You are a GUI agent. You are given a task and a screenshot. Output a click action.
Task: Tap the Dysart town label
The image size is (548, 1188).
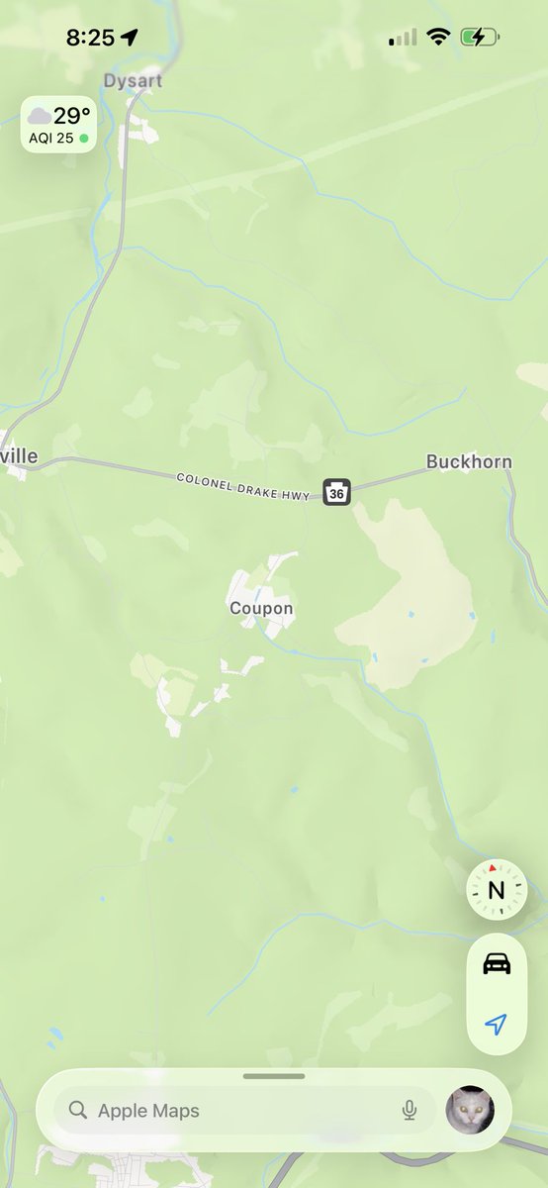point(133,81)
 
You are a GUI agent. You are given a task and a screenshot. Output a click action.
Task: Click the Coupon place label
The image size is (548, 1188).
point(261,608)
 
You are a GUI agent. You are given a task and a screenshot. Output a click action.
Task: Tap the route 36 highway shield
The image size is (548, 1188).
point(336,490)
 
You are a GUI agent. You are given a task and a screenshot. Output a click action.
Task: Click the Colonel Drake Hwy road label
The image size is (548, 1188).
point(245,484)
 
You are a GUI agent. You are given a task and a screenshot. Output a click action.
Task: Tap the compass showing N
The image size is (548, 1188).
point(496,889)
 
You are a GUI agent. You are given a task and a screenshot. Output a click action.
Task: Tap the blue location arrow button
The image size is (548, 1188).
point(496,1025)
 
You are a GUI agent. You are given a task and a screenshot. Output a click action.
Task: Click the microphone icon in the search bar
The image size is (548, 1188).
point(410,1111)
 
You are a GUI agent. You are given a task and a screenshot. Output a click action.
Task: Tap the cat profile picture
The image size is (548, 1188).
point(470,1110)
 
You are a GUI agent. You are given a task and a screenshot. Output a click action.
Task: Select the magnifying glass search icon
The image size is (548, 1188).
point(78,1111)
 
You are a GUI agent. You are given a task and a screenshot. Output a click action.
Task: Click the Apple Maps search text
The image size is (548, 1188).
point(148,1111)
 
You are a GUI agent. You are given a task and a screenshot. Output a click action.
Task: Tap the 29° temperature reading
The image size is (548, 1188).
point(71,116)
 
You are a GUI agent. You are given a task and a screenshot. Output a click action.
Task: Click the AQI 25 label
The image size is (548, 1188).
point(51,139)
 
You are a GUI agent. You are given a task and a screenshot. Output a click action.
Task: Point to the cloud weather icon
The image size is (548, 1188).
point(40,116)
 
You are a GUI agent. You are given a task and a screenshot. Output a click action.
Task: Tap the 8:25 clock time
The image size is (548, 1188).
point(90,38)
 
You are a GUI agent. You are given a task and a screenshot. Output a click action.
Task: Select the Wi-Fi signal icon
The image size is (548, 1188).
point(437,38)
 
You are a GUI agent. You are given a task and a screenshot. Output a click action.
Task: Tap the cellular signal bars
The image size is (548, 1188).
point(403,38)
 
